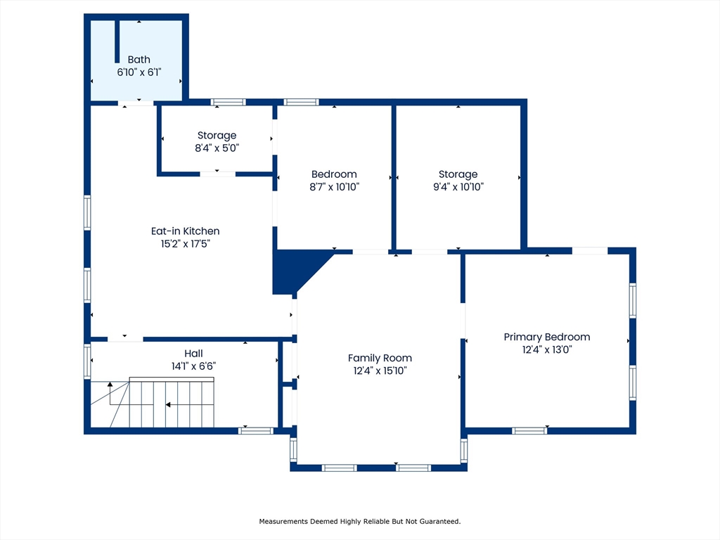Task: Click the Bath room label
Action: point(139,59)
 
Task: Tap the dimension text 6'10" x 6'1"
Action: point(139,72)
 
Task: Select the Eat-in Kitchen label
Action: point(185,231)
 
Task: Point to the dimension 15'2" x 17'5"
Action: point(185,244)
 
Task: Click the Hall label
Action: point(193,354)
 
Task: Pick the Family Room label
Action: point(380,358)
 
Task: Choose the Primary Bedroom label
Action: point(547,337)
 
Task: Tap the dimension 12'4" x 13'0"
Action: point(547,349)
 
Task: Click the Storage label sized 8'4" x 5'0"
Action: point(217,136)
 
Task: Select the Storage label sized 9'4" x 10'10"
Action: point(458,174)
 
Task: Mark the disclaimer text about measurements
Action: point(359,521)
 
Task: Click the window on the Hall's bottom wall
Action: point(256,431)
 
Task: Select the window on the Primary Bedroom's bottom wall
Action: point(529,431)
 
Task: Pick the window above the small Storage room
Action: point(229,102)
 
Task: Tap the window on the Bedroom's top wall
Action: point(301,102)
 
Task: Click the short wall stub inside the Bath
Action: point(117,41)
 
